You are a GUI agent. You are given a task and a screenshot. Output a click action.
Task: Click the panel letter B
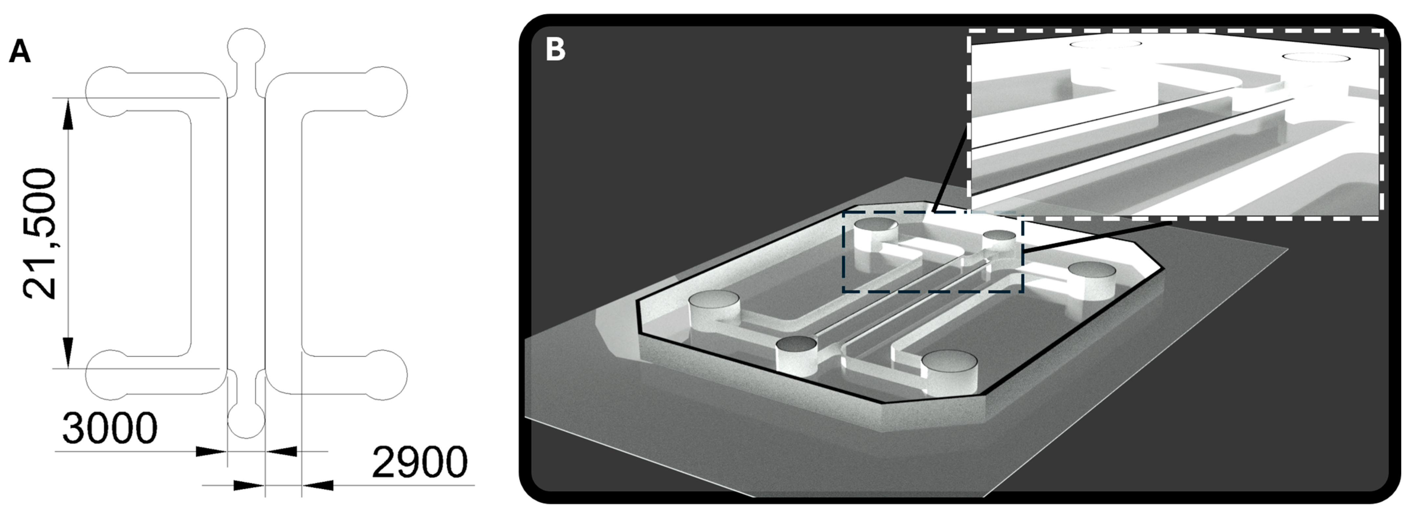(555, 49)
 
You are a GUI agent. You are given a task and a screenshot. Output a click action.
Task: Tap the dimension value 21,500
(39, 234)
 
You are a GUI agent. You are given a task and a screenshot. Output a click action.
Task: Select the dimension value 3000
(110, 428)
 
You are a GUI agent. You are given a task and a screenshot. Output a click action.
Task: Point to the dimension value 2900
(420, 462)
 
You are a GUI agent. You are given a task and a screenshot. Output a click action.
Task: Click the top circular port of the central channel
(246, 47)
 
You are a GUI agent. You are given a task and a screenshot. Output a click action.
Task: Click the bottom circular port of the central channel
(246, 420)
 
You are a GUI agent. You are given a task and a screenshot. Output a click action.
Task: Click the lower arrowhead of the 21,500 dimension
(68, 353)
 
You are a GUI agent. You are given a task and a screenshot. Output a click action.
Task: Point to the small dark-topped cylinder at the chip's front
(796, 358)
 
